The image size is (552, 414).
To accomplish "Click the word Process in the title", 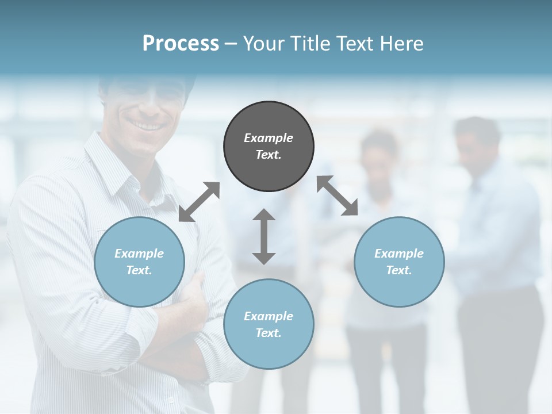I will click(181, 44).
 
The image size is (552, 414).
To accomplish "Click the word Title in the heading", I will click(311, 44).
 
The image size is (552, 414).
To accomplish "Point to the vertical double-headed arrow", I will click(264, 236).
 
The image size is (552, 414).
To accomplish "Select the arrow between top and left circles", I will click(199, 201).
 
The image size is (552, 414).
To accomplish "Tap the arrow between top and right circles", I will click(338, 195).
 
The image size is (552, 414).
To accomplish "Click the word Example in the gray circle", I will click(269, 138).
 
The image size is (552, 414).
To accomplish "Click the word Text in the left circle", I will click(139, 270).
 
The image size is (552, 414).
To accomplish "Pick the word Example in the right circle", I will click(399, 254).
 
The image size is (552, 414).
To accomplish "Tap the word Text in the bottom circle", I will click(269, 333).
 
